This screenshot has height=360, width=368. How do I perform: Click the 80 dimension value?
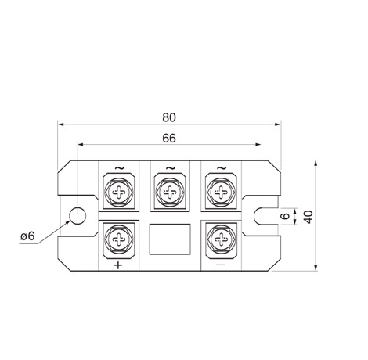point(169,117)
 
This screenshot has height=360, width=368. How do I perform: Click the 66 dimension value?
point(169,139)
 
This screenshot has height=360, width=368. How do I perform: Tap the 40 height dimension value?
point(308,217)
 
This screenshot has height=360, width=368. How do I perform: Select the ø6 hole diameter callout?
point(27,236)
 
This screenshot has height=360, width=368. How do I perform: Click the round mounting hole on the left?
point(78,216)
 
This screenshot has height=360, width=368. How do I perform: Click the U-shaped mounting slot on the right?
point(261,216)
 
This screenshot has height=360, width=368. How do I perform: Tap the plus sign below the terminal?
point(118,265)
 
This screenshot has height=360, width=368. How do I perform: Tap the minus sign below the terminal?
point(221,265)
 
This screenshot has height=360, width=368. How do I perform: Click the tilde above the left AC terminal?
point(120,168)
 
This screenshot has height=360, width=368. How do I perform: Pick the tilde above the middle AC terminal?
point(171,168)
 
